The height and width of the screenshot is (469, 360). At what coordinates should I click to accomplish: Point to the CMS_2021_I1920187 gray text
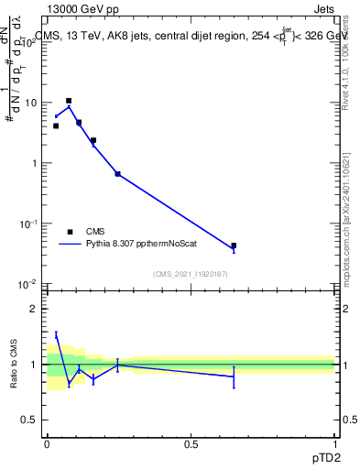click(190, 273)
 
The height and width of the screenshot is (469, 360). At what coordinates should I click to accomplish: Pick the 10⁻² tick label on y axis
click(31, 285)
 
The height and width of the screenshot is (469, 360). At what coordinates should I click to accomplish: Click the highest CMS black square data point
click(69, 101)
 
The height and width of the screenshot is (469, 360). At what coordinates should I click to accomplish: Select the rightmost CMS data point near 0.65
click(234, 245)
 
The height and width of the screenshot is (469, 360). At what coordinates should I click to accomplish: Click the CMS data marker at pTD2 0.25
click(117, 173)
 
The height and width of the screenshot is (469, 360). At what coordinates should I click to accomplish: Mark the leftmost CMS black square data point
click(56, 125)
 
